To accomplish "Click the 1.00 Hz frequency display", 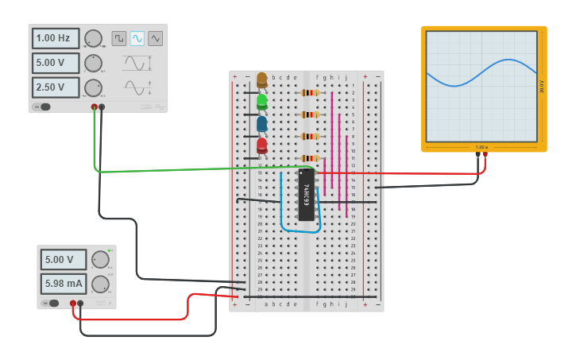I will [56, 38].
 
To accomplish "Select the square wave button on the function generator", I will [118, 38].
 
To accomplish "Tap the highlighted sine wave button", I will [137, 38].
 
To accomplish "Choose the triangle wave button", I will [156, 38].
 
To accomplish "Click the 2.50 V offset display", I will [56, 87].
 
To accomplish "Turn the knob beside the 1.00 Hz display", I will [93, 38].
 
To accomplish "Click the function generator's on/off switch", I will [41, 106].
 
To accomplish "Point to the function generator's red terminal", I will [94, 106].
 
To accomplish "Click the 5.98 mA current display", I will [64, 284].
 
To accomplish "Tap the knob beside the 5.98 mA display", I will [100, 284].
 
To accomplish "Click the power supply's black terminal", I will [80, 303].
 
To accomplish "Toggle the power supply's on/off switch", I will [50, 303].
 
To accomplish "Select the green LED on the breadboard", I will [261, 102].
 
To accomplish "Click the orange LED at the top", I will [261, 79].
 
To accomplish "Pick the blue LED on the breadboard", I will [261, 123].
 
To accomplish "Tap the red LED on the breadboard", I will [261, 145].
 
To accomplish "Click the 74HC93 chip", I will [306, 195].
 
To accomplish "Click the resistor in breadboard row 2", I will [309, 92].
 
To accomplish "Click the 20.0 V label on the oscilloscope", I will [541, 86].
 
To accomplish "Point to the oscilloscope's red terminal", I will [485, 155].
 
